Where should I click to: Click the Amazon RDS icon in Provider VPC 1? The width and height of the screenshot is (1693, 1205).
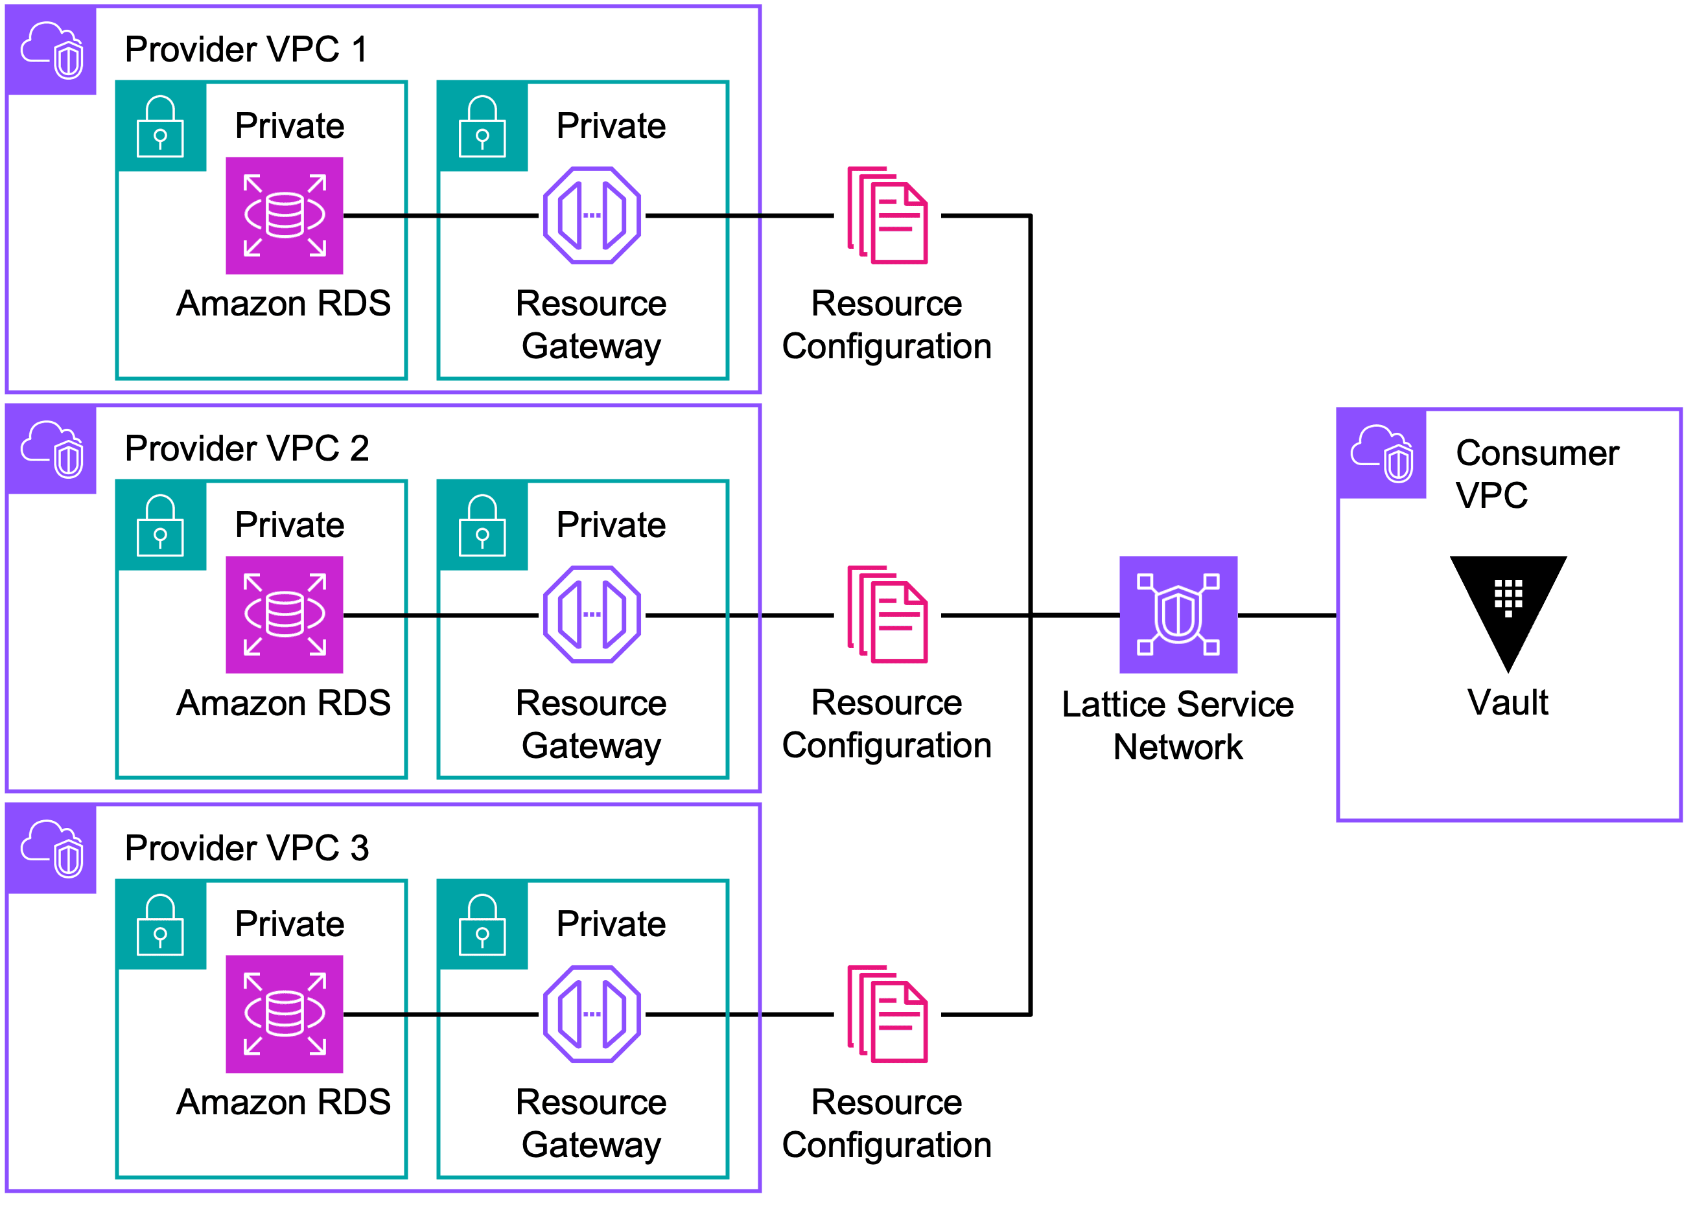(x=285, y=215)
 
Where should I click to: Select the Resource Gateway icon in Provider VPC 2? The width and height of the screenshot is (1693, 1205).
(x=592, y=614)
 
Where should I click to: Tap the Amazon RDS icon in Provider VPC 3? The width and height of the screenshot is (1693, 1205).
(x=285, y=1014)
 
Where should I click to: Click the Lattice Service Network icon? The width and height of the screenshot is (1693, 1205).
(x=1178, y=614)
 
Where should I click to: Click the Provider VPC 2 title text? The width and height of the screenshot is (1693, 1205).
(x=246, y=448)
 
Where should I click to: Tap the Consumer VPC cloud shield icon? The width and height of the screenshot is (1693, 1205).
(x=1381, y=453)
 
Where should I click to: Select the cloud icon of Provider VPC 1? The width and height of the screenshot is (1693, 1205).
(x=51, y=50)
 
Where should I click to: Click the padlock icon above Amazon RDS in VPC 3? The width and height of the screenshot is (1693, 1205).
(x=160, y=924)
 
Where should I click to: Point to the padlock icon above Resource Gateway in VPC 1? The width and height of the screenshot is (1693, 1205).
(x=482, y=126)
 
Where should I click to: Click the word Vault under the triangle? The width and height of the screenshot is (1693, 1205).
(x=1508, y=702)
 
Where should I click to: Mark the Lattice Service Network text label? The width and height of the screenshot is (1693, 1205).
(x=1178, y=725)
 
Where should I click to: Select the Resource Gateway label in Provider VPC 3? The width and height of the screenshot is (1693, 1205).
(x=592, y=1123)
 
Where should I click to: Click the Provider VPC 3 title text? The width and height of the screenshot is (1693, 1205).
(x=246, y=847)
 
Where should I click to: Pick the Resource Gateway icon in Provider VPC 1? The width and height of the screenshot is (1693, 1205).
(x=592, y=215)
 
